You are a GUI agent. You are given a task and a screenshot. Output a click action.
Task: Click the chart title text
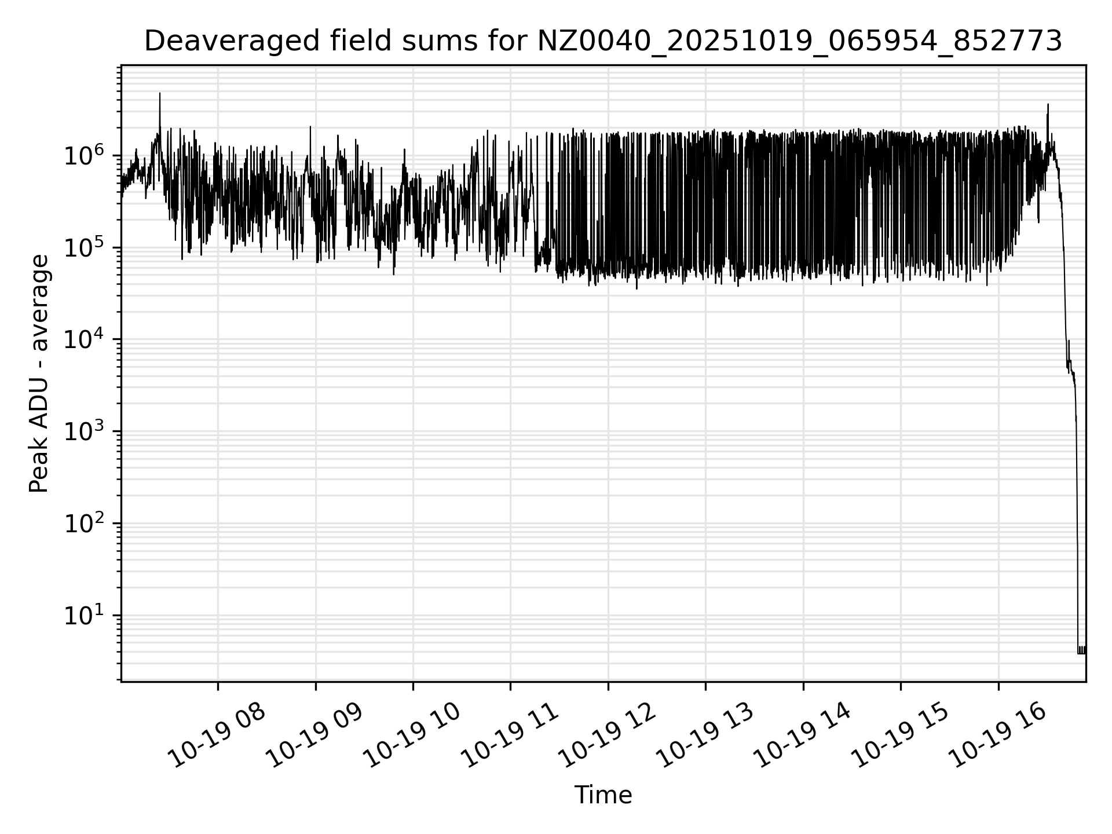[x=602, y=42]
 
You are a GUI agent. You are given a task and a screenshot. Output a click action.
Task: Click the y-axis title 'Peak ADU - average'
[x=39, y=374]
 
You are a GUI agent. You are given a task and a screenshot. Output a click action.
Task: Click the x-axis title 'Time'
[x=602, y=795]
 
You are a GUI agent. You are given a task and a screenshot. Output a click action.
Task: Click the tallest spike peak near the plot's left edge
[x=160, y=94]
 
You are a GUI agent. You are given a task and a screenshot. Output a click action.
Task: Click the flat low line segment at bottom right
[x=1081, y=653]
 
